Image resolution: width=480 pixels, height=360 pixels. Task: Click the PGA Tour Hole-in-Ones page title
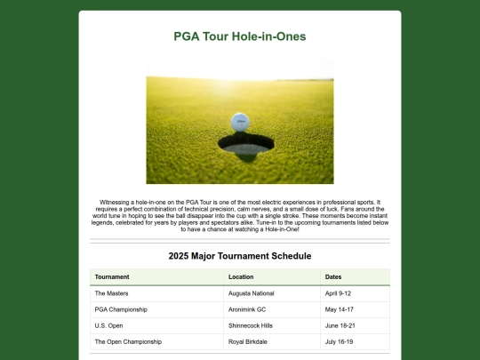[x=240, y=37]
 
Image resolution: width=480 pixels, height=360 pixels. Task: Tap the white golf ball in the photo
[x=240, y=122]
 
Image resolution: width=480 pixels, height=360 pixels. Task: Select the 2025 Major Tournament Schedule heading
[x=240, y=256]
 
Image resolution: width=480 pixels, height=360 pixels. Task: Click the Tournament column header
[x=112, y=276]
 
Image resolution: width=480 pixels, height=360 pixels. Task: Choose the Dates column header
[x=333, y=276]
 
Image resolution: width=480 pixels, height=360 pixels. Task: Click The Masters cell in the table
[x=111, y=292]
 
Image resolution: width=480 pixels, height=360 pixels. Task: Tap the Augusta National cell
[x=252, y=292]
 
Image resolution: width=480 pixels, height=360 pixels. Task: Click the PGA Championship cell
[x=121, y=309]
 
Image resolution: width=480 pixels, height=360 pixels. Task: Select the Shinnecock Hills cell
[x=252, y=325]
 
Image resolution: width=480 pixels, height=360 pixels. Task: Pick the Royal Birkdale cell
[x=249, y=341]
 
